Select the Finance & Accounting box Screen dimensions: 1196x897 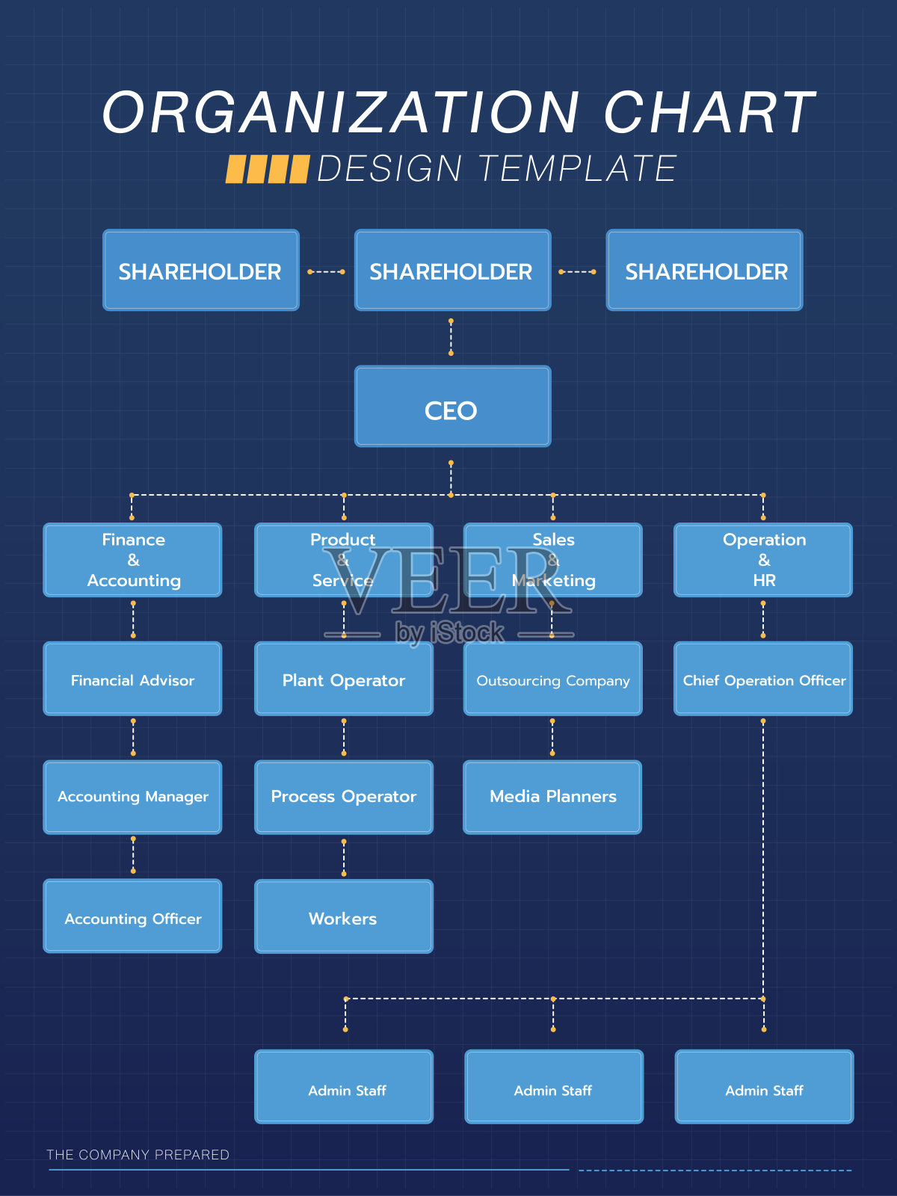point(133,560)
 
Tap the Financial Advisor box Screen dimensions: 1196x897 point(133,679)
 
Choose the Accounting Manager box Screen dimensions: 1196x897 point(133,797)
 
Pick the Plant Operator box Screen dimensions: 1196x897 point(344,679)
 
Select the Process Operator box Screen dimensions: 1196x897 point(344,797)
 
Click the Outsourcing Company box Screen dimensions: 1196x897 point(553,679)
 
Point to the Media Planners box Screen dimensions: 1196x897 point(553,797)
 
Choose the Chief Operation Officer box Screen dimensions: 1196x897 point(763,679)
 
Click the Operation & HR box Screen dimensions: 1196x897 point(763,560)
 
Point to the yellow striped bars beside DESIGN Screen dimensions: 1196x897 point(268,169)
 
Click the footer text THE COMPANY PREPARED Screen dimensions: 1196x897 point(138,1155)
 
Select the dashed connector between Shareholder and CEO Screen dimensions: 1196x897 point(451,337)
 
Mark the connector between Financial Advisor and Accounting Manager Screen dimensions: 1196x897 point(133,737)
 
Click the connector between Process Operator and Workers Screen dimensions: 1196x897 point(344,857)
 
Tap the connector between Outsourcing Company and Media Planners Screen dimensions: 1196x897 point(552,737)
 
